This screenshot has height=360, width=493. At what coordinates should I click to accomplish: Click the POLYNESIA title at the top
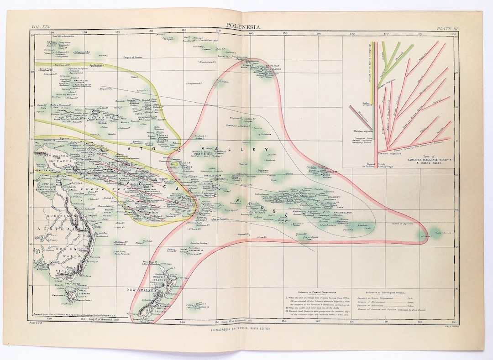243,27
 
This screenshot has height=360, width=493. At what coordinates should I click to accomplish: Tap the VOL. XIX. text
40,28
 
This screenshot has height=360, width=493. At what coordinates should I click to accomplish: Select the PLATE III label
446,29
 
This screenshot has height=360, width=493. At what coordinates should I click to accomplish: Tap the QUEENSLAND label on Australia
66,216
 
